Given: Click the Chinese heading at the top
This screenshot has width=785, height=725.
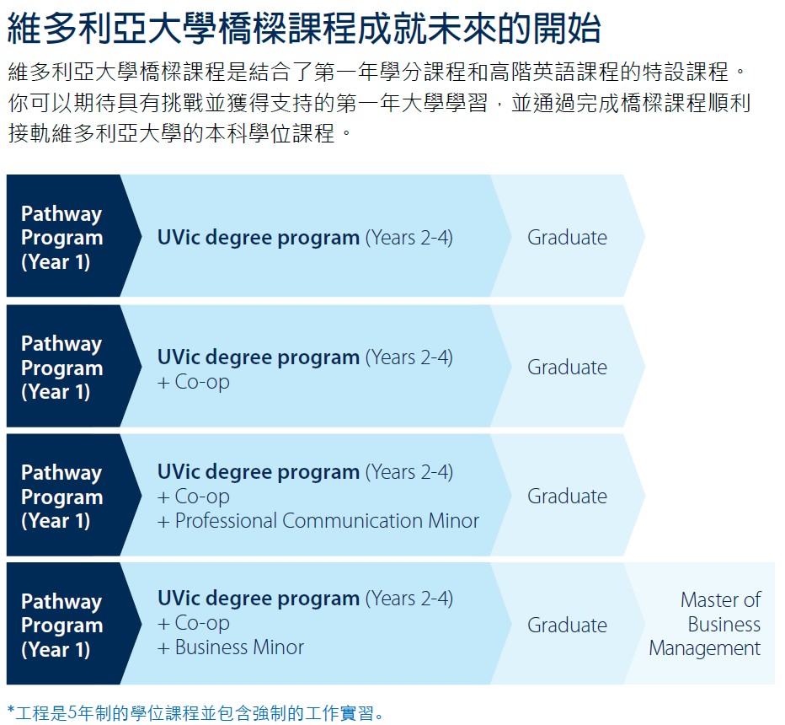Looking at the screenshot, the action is click(x=304, y=28).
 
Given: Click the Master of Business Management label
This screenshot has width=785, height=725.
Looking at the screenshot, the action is click(x=705, y=624).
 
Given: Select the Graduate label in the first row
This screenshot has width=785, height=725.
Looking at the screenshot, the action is click(x=567, y=238).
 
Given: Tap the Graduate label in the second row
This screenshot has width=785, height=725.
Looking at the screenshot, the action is click(x=567, y=368).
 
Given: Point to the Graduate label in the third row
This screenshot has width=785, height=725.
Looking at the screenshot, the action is click(x=567, y=496).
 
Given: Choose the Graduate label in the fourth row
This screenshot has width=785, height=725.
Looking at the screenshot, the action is click(x=567, y=625).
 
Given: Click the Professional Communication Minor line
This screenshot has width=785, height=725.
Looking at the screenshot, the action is click(x=318, y=521).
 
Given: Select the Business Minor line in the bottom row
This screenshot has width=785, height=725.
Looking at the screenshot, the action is click(x=231, y=647).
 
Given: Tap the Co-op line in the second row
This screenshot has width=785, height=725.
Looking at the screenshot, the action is click(x=194, y=382).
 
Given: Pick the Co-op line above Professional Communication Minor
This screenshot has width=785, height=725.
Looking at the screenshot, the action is click(x=194, y=497).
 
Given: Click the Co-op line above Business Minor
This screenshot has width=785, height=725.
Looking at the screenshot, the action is click(x=194, y=623).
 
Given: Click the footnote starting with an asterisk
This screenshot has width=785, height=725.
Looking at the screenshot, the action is click(x=195, y=712).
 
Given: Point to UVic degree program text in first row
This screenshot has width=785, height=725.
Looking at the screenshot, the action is click(x=259, y=238).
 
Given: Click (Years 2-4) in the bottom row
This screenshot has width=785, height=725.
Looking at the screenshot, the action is click(x=409, y=599).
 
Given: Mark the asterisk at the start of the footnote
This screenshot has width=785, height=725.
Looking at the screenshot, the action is click(x=11, y=710).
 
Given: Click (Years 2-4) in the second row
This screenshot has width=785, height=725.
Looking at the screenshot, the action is click(x=409, y=357).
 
